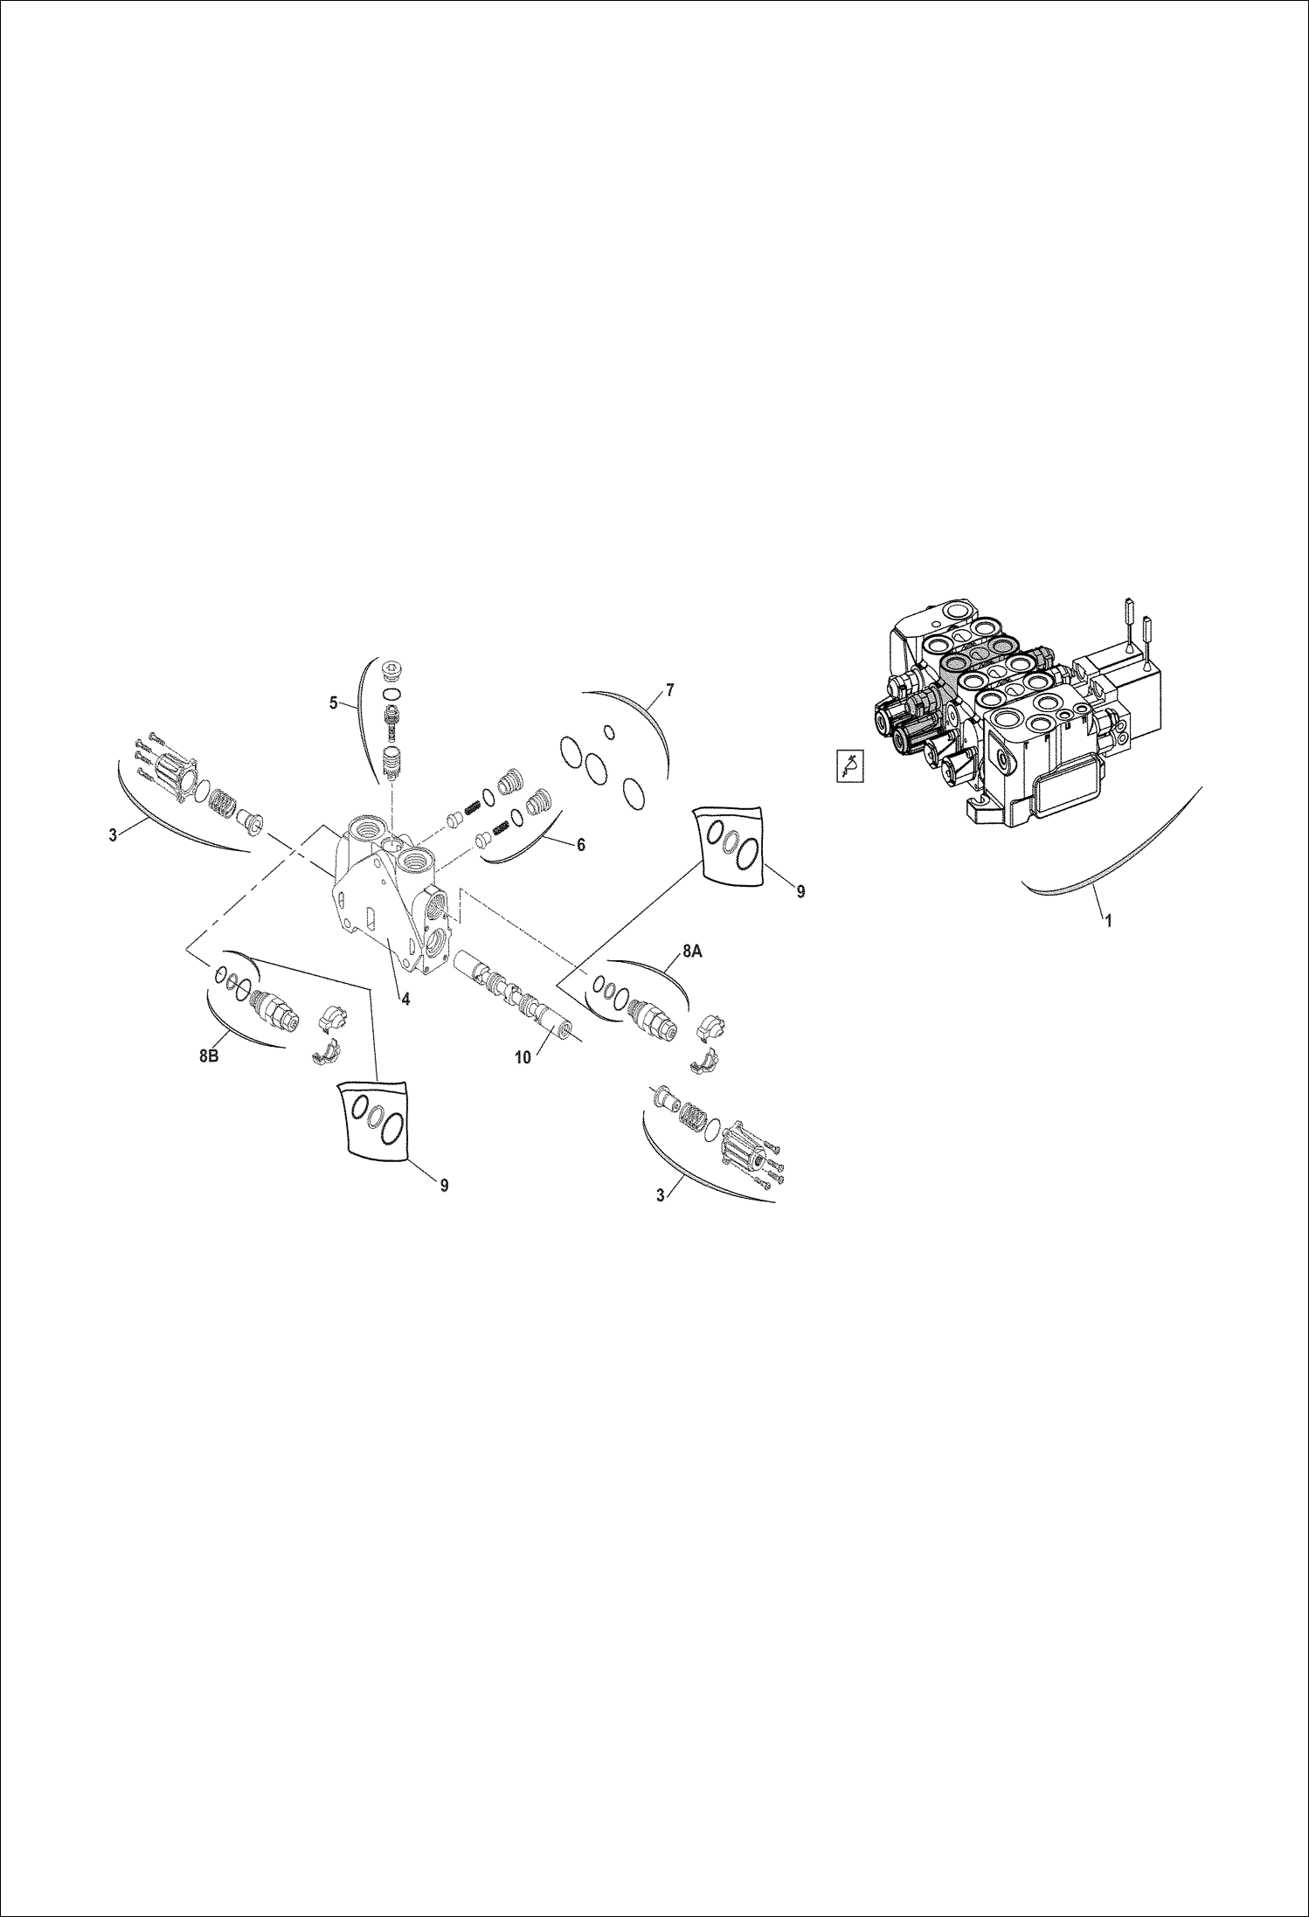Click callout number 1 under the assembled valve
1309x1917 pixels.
(1109, 920)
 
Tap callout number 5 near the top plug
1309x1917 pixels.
(334, 702)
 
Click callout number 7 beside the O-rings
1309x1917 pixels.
(669, 690)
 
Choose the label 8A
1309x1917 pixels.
(691, 952)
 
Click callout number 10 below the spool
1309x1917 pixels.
(523, 1057)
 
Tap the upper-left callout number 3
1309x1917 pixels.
(113, 835)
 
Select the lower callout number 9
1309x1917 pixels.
(444, 1185)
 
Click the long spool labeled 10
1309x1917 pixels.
(516, 995)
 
